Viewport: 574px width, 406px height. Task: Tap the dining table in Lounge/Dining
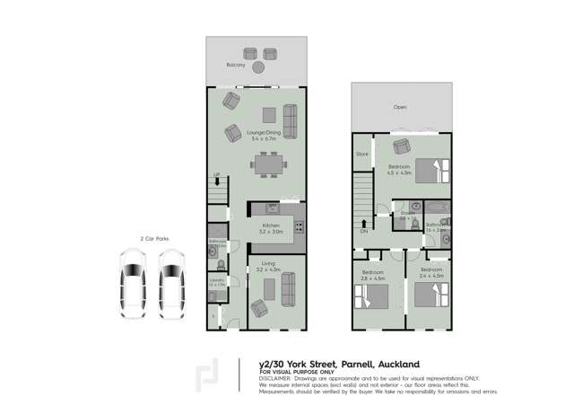(269, 164)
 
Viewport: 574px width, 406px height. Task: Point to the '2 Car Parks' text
(154, 238)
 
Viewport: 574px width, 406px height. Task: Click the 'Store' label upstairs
(361, 154)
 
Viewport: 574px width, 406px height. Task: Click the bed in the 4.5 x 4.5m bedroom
(428, 167)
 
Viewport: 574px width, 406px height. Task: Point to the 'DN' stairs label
(363, 230)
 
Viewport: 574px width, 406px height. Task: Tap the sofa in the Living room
(289, 288)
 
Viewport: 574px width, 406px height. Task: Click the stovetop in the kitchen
(300, 225)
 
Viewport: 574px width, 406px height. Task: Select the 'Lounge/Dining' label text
(265, 134)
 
